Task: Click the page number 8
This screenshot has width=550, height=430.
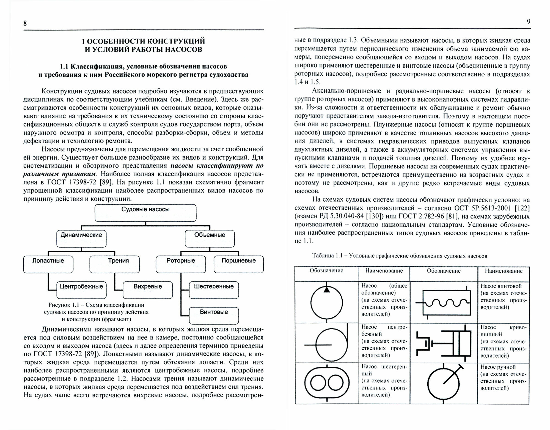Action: [25, 23]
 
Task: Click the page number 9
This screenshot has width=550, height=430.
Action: [528, 22]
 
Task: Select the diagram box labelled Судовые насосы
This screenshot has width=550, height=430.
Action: [145, 213]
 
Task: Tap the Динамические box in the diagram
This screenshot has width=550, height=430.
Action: [81, 238]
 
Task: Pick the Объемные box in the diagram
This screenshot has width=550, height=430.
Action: [210, 238]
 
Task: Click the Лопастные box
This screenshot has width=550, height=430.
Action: [48, 264]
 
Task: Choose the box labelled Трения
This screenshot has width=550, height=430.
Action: [114, 264]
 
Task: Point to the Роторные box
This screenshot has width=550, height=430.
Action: [181, 264]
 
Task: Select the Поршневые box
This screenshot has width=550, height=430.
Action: [238, 264]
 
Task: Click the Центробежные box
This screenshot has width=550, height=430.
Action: [81, 290]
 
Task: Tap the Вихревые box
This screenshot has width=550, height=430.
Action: [148, 290]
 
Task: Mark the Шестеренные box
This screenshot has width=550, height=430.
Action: [214, 290]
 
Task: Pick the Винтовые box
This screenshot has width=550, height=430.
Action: [214, 315]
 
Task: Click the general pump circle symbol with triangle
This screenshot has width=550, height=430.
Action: [326, 302]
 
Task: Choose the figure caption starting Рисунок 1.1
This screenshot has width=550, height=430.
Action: [96, 312]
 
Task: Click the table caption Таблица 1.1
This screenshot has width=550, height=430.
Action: [400, 256]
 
